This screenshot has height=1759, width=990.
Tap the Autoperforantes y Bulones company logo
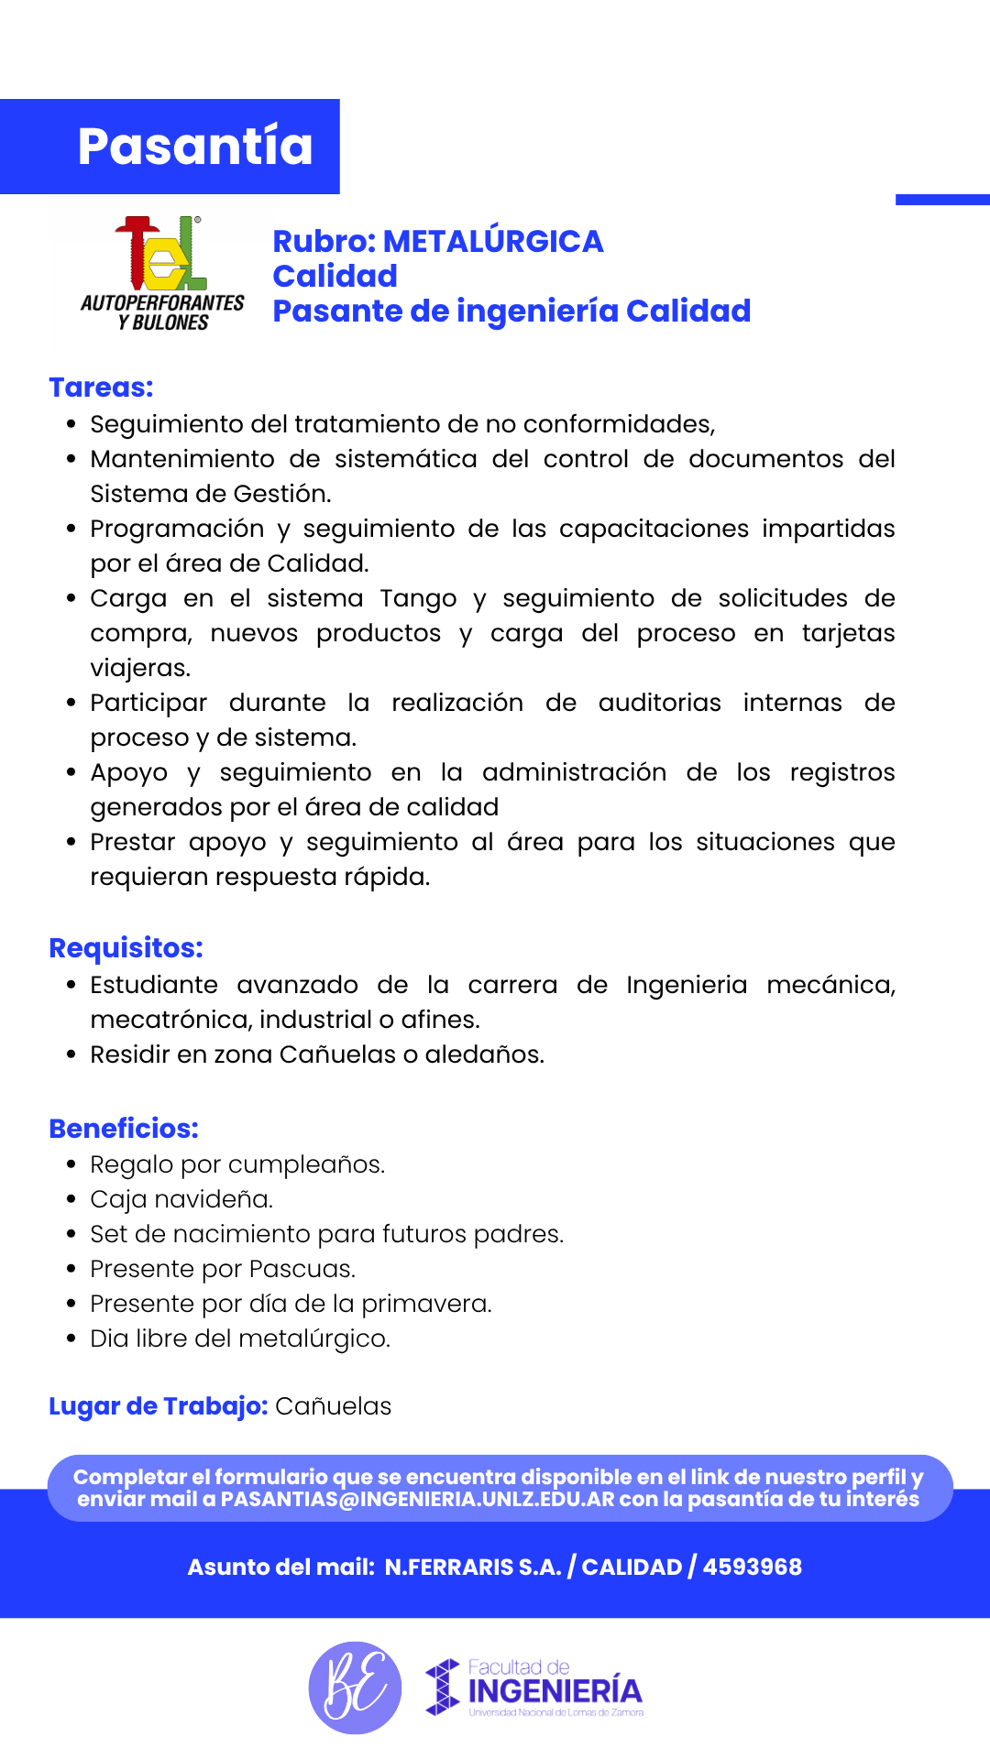162,273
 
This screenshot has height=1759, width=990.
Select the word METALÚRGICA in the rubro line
492,241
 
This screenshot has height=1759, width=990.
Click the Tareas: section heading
101,388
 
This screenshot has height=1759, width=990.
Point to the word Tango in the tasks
418,598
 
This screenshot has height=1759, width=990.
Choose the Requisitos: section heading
126,948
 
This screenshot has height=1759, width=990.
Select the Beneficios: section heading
124,1129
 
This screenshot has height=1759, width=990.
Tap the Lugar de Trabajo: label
158,1406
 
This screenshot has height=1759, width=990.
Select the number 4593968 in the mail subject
752,1568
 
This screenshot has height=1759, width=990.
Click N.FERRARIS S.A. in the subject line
472,1568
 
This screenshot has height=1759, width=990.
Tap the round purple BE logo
355,1688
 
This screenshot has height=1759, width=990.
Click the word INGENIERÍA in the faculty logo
555,1691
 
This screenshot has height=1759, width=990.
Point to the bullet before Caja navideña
71,1200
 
